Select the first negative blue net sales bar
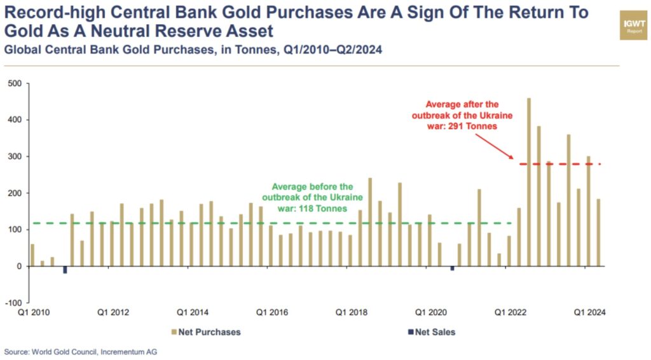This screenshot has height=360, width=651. pyautogui.click(x=65, y=270)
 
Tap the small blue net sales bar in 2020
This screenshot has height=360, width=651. pyautogui.click(x=452, y=268)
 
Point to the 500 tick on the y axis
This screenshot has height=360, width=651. pyautogui.click(x=13, y=83)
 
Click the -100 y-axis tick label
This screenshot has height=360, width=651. pyautogui.click(x=12, y=303)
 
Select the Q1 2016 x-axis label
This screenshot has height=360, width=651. pyautogui.click(x=272, y=312)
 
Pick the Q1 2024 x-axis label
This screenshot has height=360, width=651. pyautogui.click(x=590, y=312)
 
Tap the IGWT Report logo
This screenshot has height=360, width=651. pyautogui.click(x=634, y=25)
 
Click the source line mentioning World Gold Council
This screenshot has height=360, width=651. pyautogui.click(x=81, y=352)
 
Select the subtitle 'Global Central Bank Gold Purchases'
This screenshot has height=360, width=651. pyautogui.click(x=108, y=49)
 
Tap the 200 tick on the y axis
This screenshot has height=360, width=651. pyautogui.click(x=13, y=193)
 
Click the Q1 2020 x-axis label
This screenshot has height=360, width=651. pyautogui.click(x=430, y=312)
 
